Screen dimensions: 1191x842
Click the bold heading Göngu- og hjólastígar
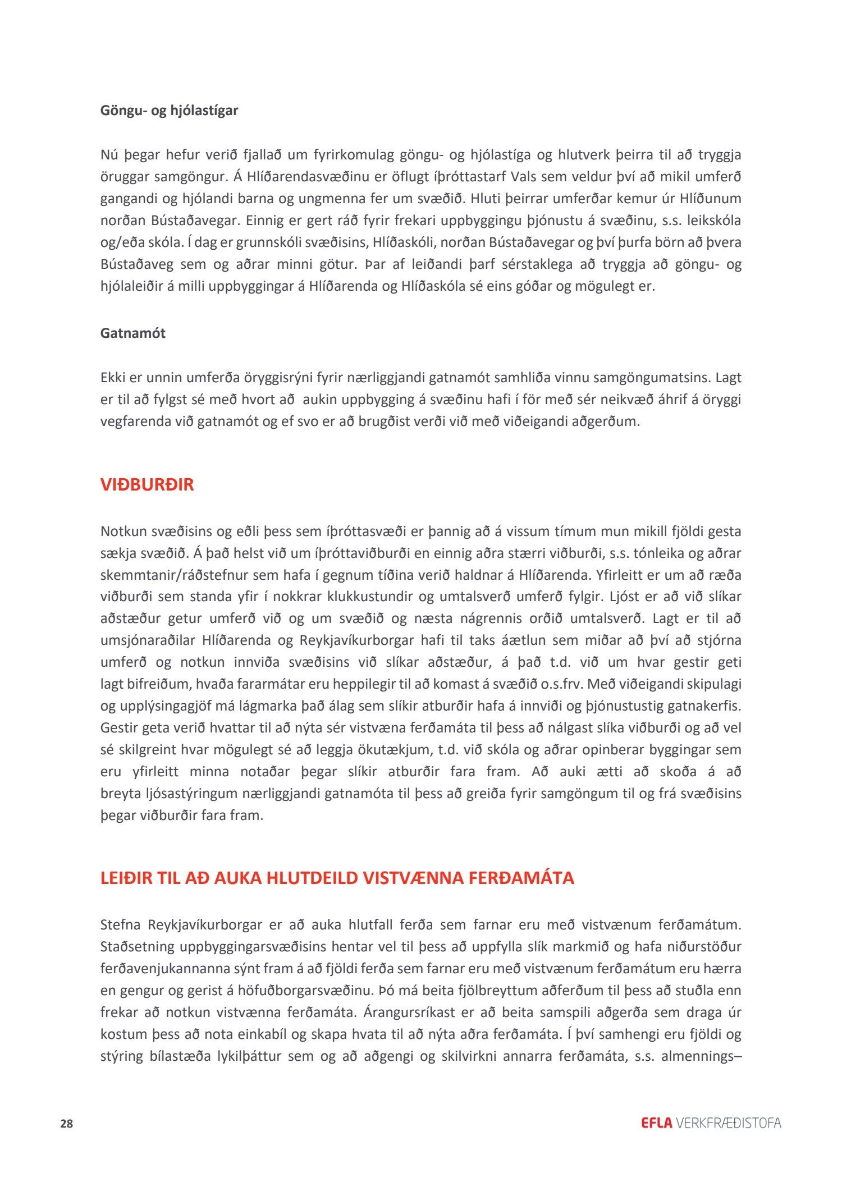click(169, 111)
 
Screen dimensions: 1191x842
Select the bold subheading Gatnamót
click(132, 333)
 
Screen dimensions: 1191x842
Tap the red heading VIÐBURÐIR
click(147, 485)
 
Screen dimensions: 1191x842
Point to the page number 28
click(66, 1124)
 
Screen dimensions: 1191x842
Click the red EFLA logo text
click(656, 1123)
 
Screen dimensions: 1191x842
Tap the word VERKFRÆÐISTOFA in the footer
click(729, 1123)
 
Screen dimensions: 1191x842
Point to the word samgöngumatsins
click(652, 378)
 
